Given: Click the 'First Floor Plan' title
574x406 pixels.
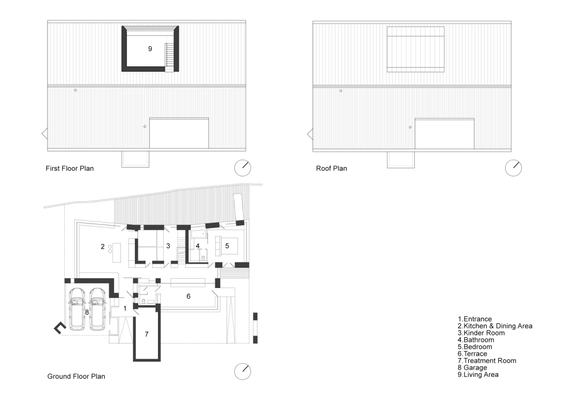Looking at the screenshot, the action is pyautogui.click(x=69, y=168).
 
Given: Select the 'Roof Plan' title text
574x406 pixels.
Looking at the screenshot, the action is pyautogui.click(x=332, y=168).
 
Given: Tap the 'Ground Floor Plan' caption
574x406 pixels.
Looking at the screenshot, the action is pyautogui.click(x=76, y=377).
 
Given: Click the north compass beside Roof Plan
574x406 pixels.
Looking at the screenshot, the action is pyautogui.click(x=513, y=168).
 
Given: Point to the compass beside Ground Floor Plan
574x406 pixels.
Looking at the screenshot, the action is pyautogui.click(x=242, y=371).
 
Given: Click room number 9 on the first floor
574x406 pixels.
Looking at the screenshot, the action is pyautogui.click(x=150, y=49).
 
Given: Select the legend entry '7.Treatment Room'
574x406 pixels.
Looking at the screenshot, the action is pyautogui.click(x=487, y=361).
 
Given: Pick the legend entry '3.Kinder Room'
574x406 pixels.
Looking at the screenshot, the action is pyautogui.click(x=481, y=333).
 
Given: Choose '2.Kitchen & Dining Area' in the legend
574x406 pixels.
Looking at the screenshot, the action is pyautogui.click(x=495, y=326).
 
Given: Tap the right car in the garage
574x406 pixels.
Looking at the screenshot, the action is pyautogui.click(x=98, y=308).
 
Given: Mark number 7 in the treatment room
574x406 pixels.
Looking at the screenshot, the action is pyautogui.click(x=147, y=334).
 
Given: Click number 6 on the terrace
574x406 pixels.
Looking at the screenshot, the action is pyautogui.click(x=189, y=296).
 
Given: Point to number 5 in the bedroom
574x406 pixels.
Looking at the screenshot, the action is pyautogui.click(x=227, y=246).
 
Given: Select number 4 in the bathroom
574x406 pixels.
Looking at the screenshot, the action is pyautogui.click(x=198, y=246).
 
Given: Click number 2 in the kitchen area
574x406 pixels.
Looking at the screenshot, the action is pyautogui.click(x=102, y=247).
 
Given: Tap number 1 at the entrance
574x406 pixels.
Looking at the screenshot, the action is pyautogui.click(x=125, y=308).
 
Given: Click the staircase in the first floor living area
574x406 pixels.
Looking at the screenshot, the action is pyautogui.click(x=169, y=57).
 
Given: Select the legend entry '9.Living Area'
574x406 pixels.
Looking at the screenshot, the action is pyautogui.click(x=478, y=375).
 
